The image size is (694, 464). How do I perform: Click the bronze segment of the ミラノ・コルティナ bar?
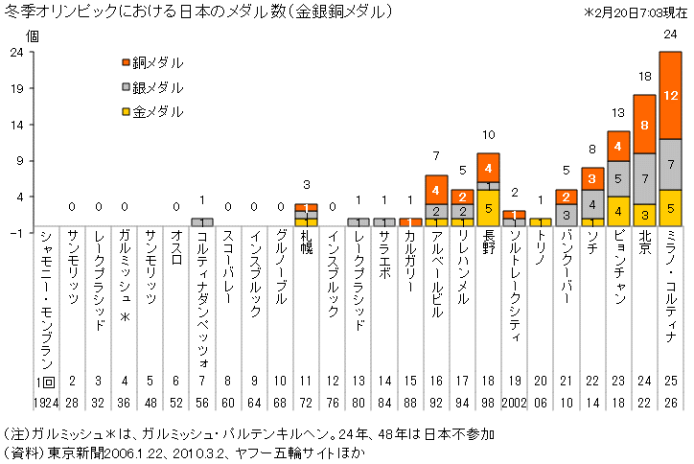click(670, 95)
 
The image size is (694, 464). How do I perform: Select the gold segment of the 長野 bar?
click(488, 207)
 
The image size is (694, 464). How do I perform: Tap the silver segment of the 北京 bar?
click(644, 178)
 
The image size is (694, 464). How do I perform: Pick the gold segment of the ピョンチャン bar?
click(618, 211)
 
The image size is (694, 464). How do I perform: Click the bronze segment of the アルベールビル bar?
click(436, 189)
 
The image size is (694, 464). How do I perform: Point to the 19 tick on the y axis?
click(17, 87)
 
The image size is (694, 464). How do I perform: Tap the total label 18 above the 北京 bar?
click(644, 77)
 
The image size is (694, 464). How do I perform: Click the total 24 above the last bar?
click(670, 34)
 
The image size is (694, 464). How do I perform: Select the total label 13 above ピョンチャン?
click(618, 113)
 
